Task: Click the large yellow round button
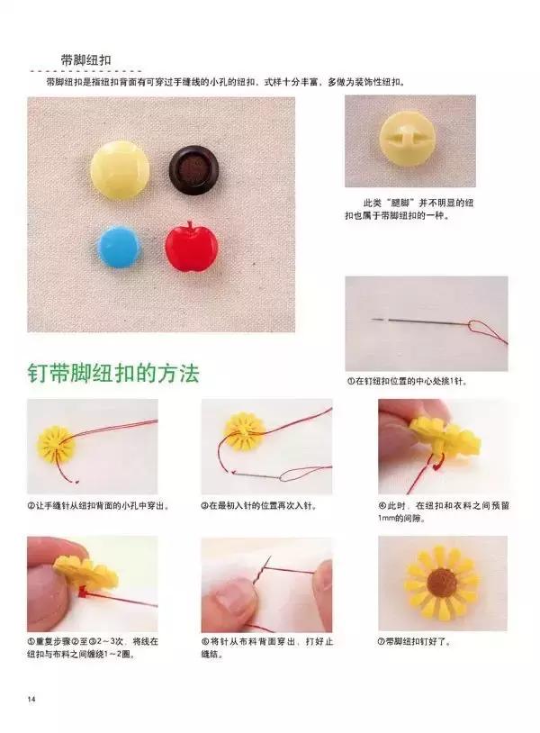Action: pos(120,168)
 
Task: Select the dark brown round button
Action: pos(191,167)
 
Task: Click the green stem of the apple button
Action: pos(190,224)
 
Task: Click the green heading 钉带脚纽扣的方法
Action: pos(112,373)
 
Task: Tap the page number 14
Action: pos(31,700)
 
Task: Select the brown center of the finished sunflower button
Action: pos(442,584)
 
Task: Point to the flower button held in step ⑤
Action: pos(85,572)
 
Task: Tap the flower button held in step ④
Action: pos(443,437)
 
